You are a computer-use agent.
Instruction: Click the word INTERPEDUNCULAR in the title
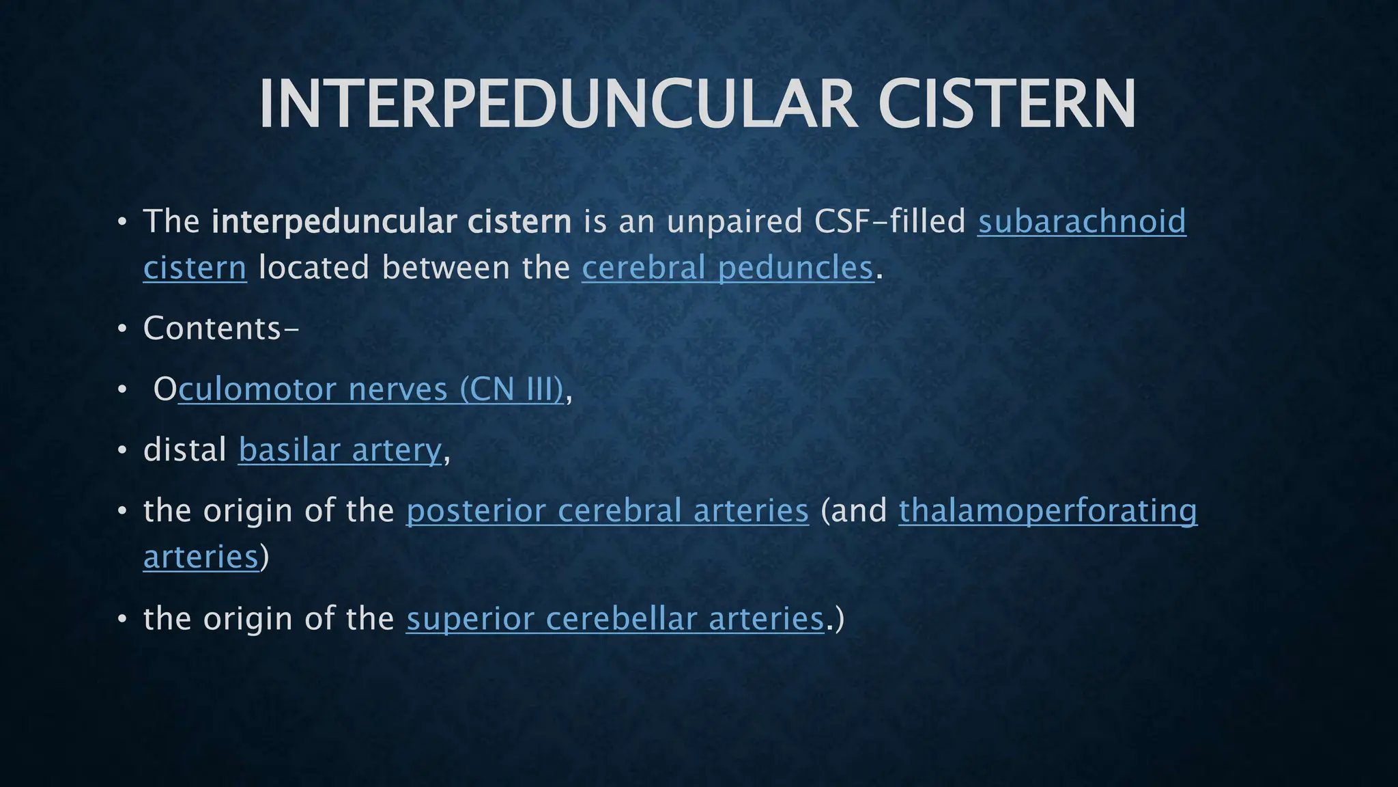pyautogui.click(x=557, y=104)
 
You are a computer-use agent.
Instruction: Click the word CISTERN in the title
pyautogui.click(x=1008, y=104)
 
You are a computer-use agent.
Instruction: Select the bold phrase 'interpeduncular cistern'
pyautogui.click(x=391, y=222)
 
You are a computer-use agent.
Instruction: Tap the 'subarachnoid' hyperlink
pyautogui.click(x=1082, y=222)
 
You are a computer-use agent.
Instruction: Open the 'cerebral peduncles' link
pyautogui.click(x=728, y=268)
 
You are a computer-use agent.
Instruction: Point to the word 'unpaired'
pyautogui.click(x=734, y=222)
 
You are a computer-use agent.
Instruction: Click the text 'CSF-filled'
pyautogui.click(x=890, y=222)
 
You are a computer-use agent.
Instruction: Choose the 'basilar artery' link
pyautogui.click(x=340, y=450)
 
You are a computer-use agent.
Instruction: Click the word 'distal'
pyautogui.click(x=185, y=450)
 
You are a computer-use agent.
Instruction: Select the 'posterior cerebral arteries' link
pyautogui.click(x=607, y=511)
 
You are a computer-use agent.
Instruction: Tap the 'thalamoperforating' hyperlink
pyautogui.click(x=1048, y=511)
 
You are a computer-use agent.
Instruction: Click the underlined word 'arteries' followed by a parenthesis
pyautogui.click(x=201, y=557)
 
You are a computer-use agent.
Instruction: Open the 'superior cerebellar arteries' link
pyautogui.click(x=614, y=619)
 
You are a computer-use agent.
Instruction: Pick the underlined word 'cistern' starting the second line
pyautogui.click(x=195, y=268)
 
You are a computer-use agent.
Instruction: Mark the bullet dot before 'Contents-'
pyautogui.click(x=122, y=329)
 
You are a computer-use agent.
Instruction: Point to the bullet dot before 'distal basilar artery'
pyautogui.click(x=122, y=451)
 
